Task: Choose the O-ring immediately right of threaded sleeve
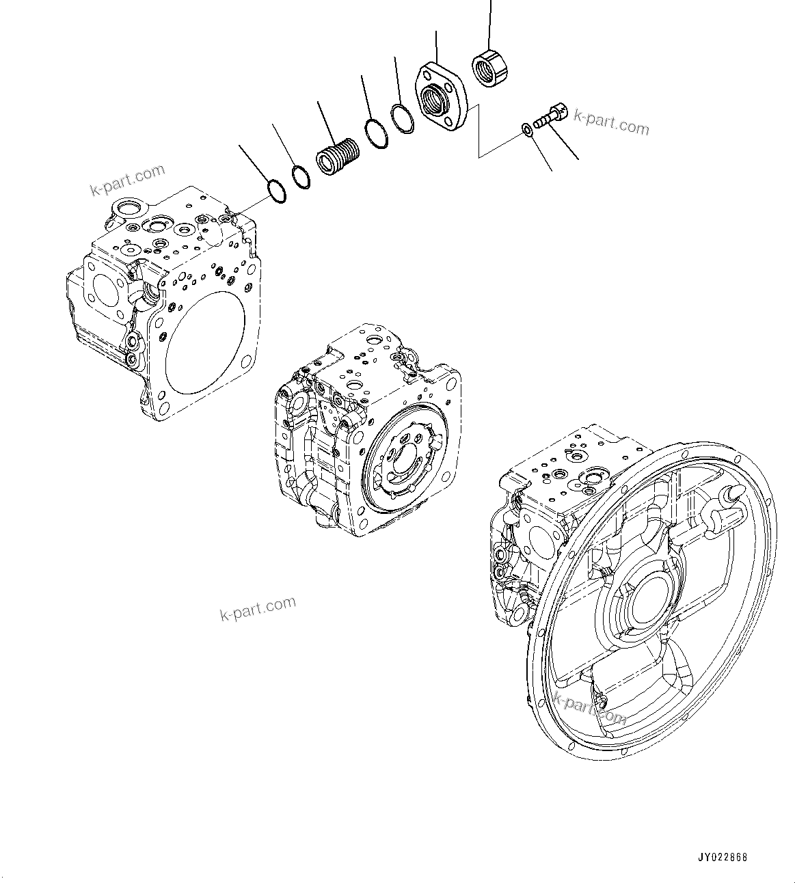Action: click(375, 133)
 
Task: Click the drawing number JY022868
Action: click(723, 857)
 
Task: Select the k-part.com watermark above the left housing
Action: click(127, 180)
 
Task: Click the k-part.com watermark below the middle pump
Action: click(258, 608)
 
